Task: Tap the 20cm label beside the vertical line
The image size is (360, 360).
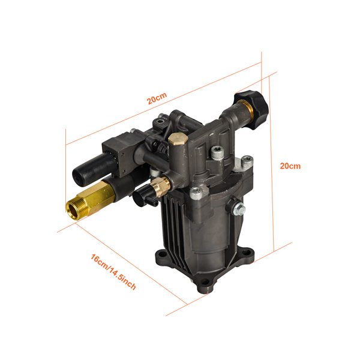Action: pos(290,166)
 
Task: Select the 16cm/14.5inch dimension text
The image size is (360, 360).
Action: pos(113,272)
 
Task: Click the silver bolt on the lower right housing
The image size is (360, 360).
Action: pos(238,209)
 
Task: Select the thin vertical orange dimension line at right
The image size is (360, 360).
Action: pos(274,168)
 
